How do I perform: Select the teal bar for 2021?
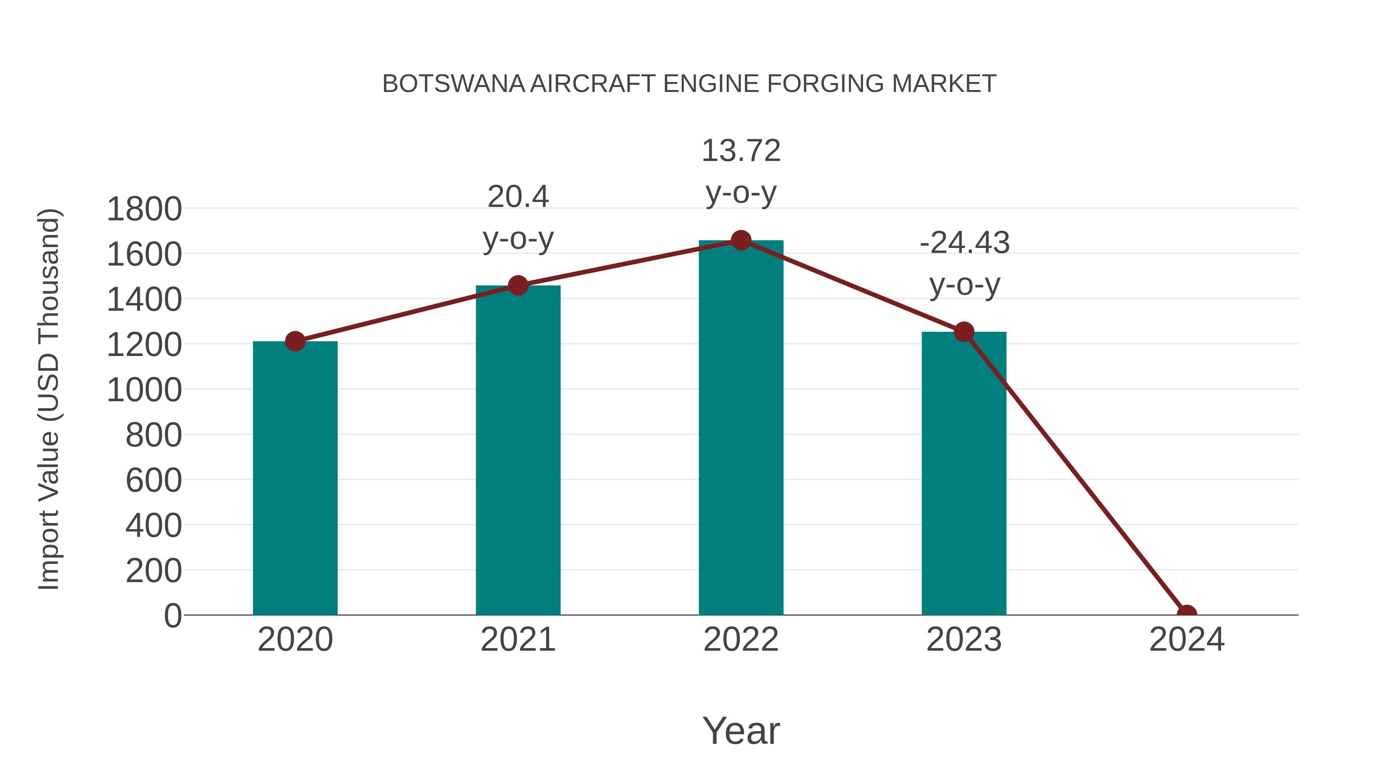coord(518,450)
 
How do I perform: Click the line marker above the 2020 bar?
coord(295,341)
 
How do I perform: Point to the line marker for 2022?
coord(741,240)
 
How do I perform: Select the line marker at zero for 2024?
coord(1186,614)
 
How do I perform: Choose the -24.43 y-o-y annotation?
coord(964,264)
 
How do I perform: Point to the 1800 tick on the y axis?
coord(144,209)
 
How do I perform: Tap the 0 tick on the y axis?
coord(172,616)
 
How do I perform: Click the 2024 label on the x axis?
coord(1186,640)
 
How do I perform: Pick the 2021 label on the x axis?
coord(518,640)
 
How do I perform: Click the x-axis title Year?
coord(741,730)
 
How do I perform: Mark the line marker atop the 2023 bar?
coord(964,332)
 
